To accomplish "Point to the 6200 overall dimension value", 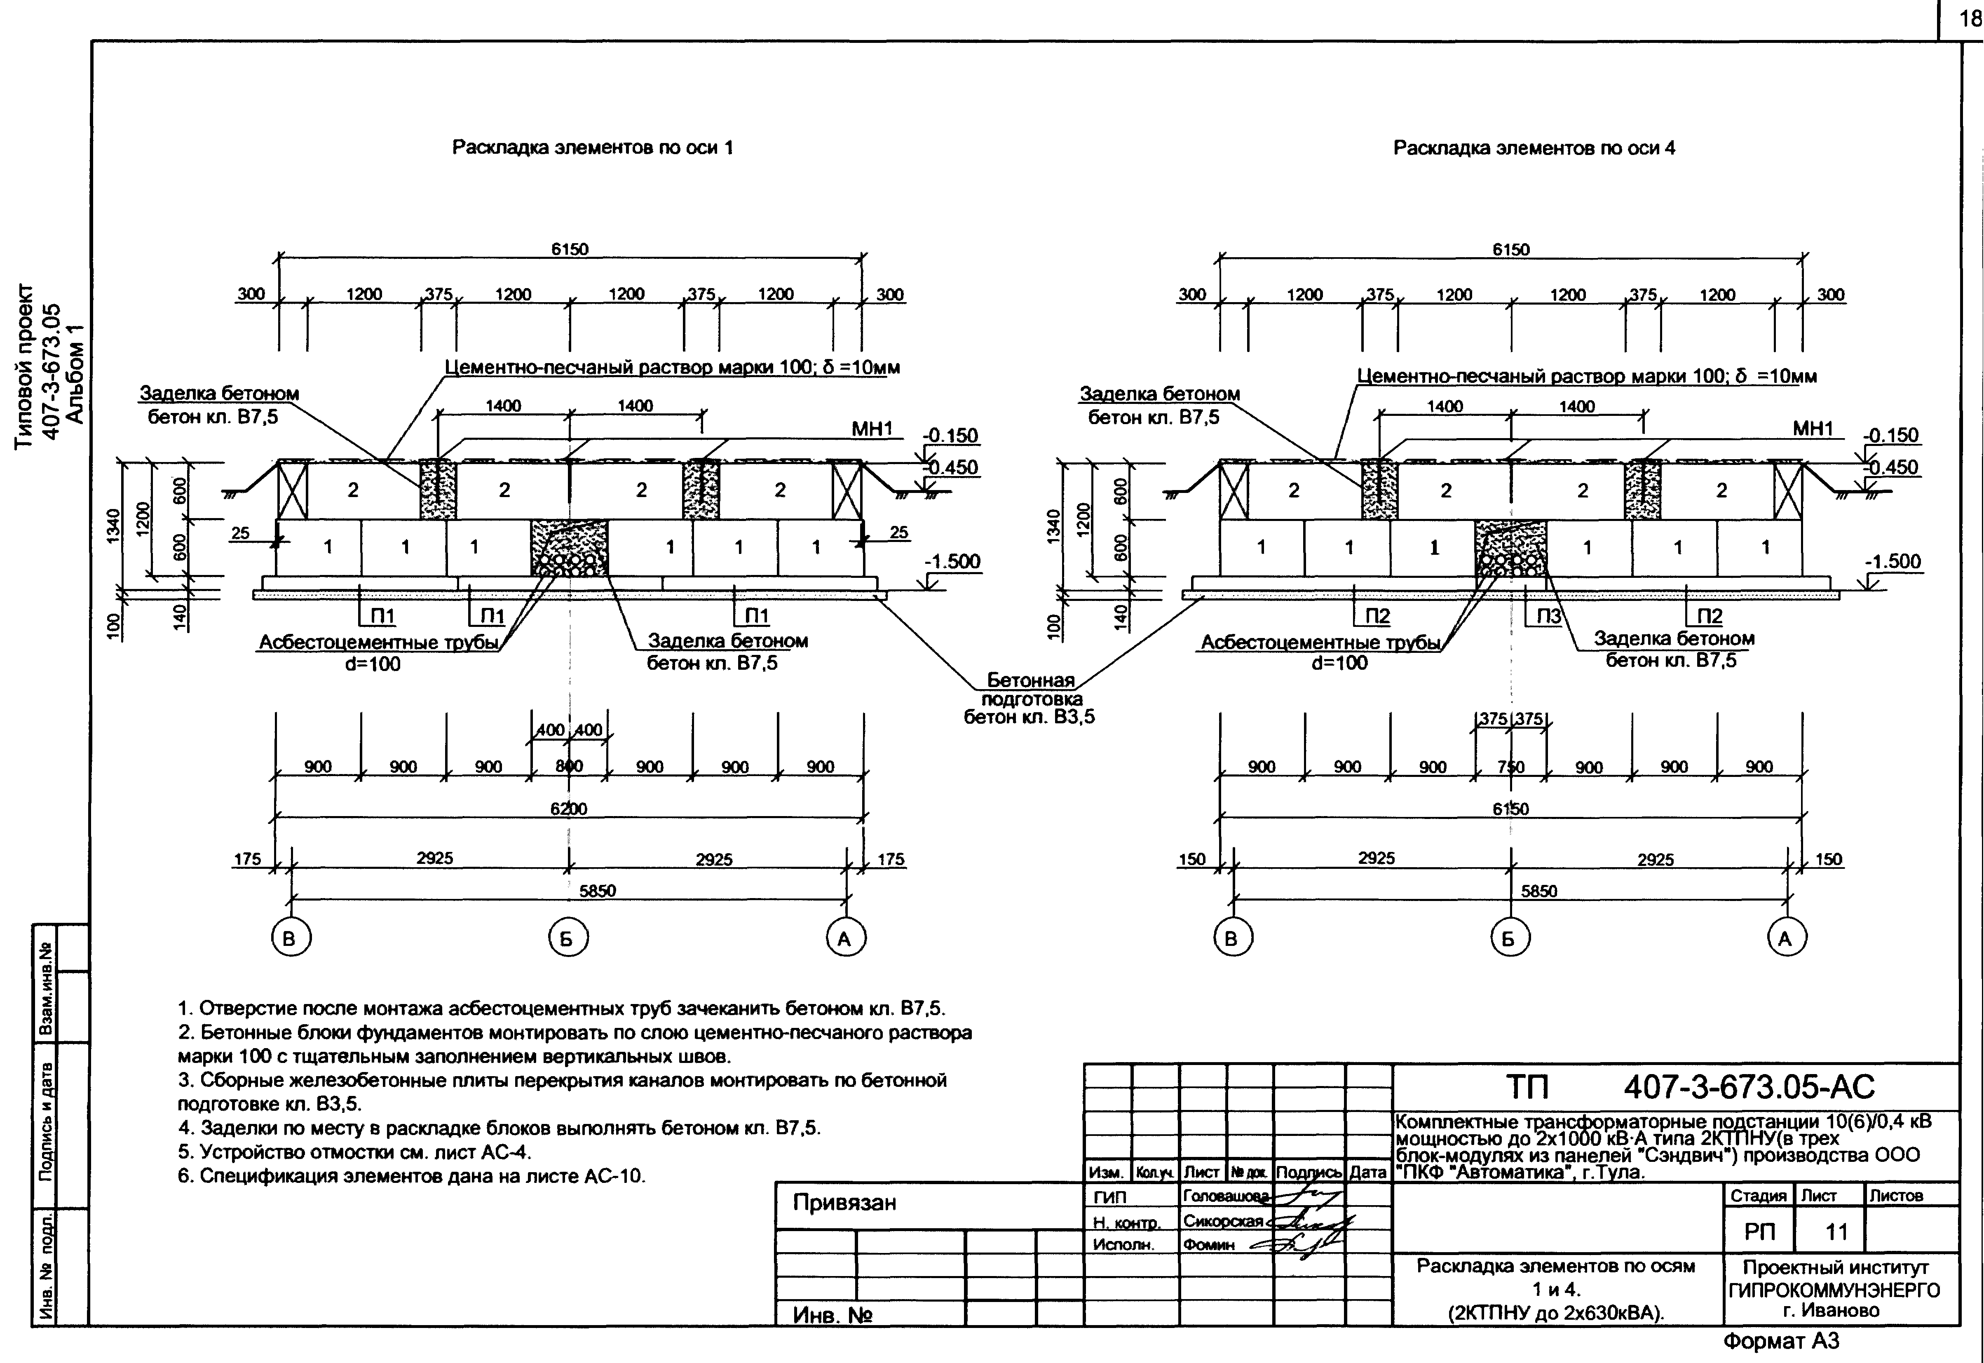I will [569, 808].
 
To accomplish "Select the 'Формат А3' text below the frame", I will [1781, 1342].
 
